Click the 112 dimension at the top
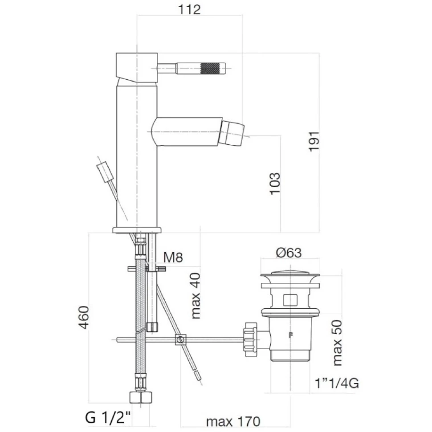189,10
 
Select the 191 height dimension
314,141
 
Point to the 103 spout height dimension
275,184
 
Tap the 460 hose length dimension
84,318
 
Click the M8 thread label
173,257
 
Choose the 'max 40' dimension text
196,296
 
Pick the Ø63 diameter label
289,253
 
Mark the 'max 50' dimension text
337,343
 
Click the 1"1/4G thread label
337,383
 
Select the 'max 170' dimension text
233,421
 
